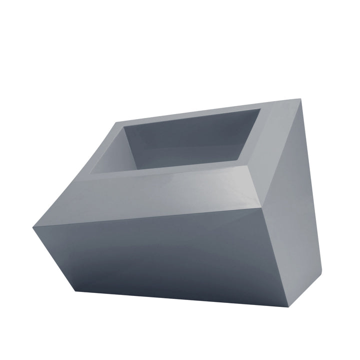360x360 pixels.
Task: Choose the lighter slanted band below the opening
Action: (165, 195)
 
